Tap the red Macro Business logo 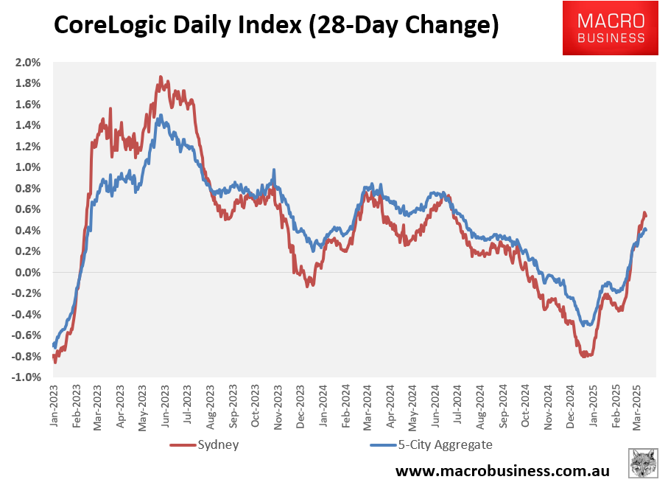[611, 28]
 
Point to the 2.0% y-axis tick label [27, 62]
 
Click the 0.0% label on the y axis [27, 273]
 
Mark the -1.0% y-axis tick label [26, 377]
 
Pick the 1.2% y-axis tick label [27, 146]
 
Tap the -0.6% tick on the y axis [26, 335]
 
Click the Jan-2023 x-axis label [55, 405]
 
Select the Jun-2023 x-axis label [168, 405]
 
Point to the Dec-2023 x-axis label [303, 405]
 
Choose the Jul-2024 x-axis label [459, 405]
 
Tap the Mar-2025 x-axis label [639, 405]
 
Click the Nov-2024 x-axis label [549, 405]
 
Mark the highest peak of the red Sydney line [160, 76]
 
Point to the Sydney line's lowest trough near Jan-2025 [585, 356]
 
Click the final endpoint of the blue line [646, 230]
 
